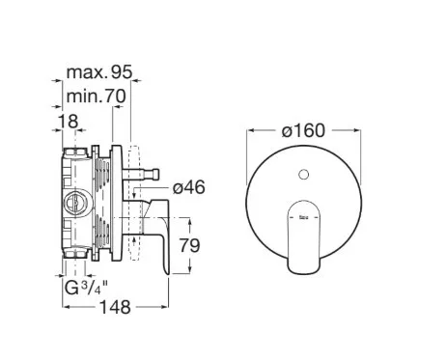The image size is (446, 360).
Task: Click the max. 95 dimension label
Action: tap(99, 72)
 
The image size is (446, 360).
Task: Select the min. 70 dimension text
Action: tap(96, 96)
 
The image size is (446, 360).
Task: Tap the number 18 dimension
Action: tap(68, 122)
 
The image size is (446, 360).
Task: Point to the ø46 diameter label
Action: tap(188, 187)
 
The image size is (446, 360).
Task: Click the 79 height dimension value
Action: tap(189, 245)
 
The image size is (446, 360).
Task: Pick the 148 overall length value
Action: tap(116, 307)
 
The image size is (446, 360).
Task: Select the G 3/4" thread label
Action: tap(86, 288)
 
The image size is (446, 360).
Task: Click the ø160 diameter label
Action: tap(303, 131)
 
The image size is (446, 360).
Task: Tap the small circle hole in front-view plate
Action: tap(303, 175)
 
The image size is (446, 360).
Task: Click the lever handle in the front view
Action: tap(304, 237)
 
